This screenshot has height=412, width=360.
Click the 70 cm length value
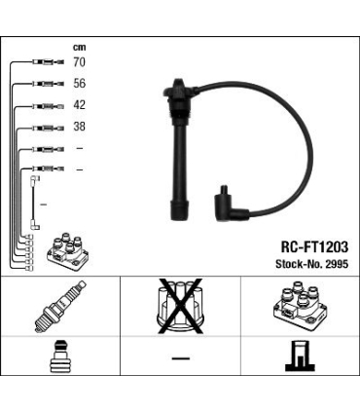79,62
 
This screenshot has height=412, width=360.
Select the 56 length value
79,84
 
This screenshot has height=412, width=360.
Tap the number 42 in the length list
79,105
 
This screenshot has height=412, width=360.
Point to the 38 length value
79,127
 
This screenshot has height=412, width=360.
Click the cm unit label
79,48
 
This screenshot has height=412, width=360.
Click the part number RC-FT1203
314,247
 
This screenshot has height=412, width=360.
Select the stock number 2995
337,264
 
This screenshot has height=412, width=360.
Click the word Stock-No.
299,264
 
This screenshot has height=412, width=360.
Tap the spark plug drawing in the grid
60,307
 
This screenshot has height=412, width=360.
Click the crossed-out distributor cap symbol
180,306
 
